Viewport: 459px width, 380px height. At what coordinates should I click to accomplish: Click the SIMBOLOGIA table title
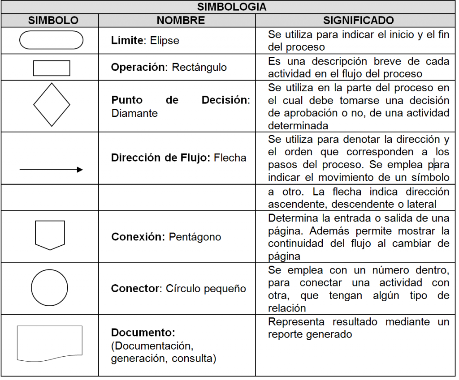point(232,7)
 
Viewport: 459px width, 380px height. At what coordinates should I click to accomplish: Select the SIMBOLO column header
point(53,21)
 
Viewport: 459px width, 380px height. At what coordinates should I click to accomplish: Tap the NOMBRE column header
point(181,21)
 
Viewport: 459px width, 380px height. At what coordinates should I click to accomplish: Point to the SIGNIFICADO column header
point(359,21)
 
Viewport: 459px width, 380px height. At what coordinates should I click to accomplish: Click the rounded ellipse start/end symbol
point(51,40)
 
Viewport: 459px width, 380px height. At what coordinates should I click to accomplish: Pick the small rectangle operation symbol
point(52,68)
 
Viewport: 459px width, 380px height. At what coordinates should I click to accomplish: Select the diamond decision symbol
point(52,105)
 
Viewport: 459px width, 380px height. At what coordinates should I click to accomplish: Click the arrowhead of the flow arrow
point(80,170)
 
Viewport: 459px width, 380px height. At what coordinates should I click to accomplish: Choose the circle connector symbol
point(49,288)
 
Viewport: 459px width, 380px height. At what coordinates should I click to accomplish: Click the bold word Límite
point(127,40)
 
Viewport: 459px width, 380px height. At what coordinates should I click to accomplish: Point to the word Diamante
point(134,113)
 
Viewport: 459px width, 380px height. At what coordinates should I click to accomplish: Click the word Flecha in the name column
point(230,158)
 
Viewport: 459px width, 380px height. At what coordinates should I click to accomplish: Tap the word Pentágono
point(195,237)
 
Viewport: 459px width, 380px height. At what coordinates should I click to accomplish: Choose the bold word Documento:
point(143,333)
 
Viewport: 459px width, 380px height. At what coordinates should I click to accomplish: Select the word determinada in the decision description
point(298,125)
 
